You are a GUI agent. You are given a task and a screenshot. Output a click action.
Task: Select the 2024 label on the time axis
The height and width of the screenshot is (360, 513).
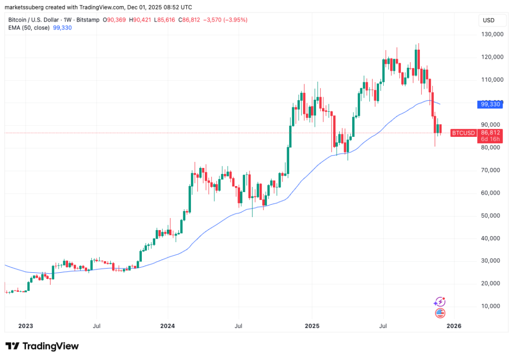coord(168,326)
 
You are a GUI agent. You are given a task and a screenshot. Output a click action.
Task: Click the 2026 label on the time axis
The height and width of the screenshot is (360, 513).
coord(453,326)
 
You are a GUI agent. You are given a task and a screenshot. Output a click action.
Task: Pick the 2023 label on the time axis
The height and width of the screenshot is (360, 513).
coord(25,326)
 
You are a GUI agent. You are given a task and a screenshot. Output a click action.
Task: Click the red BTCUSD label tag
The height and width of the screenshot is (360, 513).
coord(463,133)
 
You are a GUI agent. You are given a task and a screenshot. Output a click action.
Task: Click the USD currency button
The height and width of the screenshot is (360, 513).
coord(487,20)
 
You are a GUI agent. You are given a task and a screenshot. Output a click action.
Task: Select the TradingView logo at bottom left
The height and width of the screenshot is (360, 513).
coord(42,346)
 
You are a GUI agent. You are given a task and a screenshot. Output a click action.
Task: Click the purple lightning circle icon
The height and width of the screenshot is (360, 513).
coord(439,302)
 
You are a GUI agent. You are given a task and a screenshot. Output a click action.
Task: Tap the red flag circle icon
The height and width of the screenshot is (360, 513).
coord(439,313)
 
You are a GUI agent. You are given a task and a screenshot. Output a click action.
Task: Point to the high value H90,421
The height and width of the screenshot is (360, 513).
coord(141,20)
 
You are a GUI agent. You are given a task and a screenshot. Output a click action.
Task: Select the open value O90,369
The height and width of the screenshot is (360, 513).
coord(115,20)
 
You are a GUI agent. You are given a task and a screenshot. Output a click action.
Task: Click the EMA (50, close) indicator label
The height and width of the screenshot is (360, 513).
coord(29,28)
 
